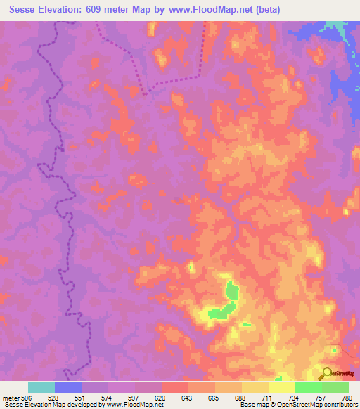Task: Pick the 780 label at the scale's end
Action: [x=345, y=398]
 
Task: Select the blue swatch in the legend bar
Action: [x=68, y=387]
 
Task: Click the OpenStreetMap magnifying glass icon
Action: [x=326, y=372]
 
